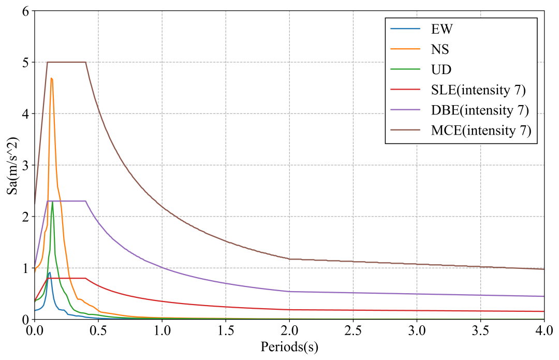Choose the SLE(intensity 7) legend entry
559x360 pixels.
(478, 90)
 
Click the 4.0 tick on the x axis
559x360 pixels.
(544, 330)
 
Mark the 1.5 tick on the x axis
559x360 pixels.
(226, 330)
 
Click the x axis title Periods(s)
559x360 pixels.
(289, 347)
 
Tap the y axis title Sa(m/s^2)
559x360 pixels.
(11, 165)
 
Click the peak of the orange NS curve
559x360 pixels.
(51, 78)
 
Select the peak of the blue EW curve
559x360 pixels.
(50, 272)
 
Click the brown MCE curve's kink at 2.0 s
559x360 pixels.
(289, 259)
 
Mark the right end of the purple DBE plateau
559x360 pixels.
(85, 201)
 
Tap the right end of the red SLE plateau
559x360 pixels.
(85, 278)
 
